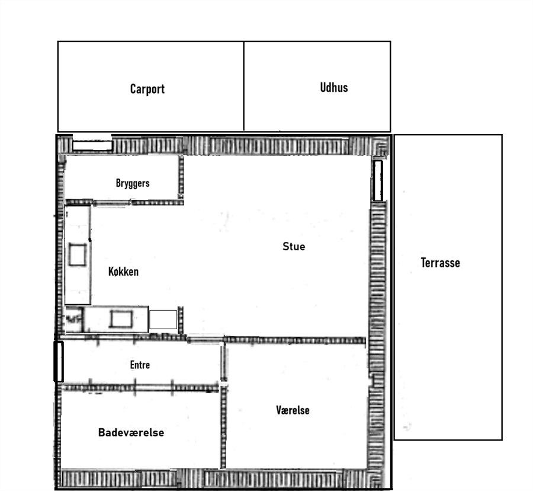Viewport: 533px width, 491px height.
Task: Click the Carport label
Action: click(x=147, y=89)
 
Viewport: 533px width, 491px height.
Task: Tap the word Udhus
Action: click(x=334, y=87)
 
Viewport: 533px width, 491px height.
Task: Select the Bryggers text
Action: click(x=133, y=183)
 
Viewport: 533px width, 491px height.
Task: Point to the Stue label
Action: click(x=294, y=246)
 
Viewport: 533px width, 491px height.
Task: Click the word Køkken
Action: click(x=123, y=272)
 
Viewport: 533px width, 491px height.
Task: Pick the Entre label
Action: click(x=140, y=365)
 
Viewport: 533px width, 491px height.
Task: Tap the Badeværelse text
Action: click(x=131, y=432)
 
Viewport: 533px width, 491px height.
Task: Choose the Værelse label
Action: click(x=293, y=410)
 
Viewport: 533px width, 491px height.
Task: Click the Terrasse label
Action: click(x=440, y=263)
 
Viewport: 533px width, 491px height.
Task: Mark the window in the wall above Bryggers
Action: click(x=92, y=146)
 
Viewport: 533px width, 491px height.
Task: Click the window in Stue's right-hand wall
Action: click(x=378, y=181)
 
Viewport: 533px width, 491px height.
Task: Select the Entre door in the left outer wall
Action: click(x=59, y=361)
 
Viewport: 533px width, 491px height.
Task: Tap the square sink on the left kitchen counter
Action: click(x=77, y=254)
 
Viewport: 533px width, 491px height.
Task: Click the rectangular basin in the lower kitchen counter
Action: click(x=121, y=320)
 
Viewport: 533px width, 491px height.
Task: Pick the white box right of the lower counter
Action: click(x=163, y=320)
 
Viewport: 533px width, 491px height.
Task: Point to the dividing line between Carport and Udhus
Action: click(x=244, y=86)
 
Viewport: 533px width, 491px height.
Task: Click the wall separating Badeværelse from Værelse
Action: click(x=223, y=428)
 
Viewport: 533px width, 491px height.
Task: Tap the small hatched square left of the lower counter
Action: click(x=74, y=319)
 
